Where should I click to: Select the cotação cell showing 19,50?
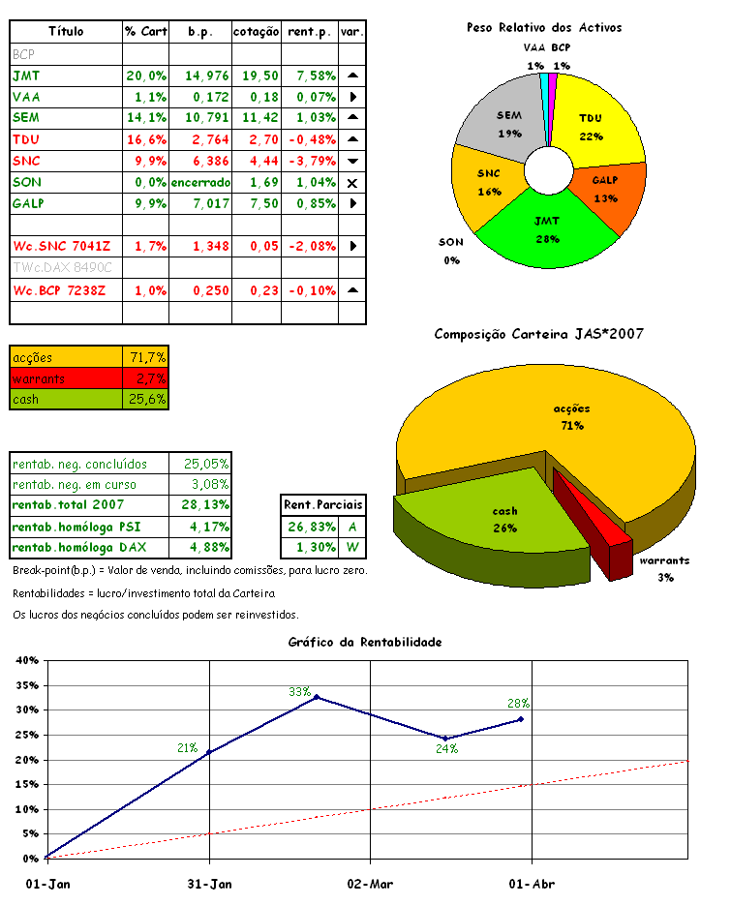(256, 75)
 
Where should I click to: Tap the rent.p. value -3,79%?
(310, 161)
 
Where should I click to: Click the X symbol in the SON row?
(352, 183)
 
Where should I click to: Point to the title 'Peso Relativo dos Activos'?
(544, 28)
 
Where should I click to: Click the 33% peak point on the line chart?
(317, 697)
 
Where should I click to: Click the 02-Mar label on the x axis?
(369, 884)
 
